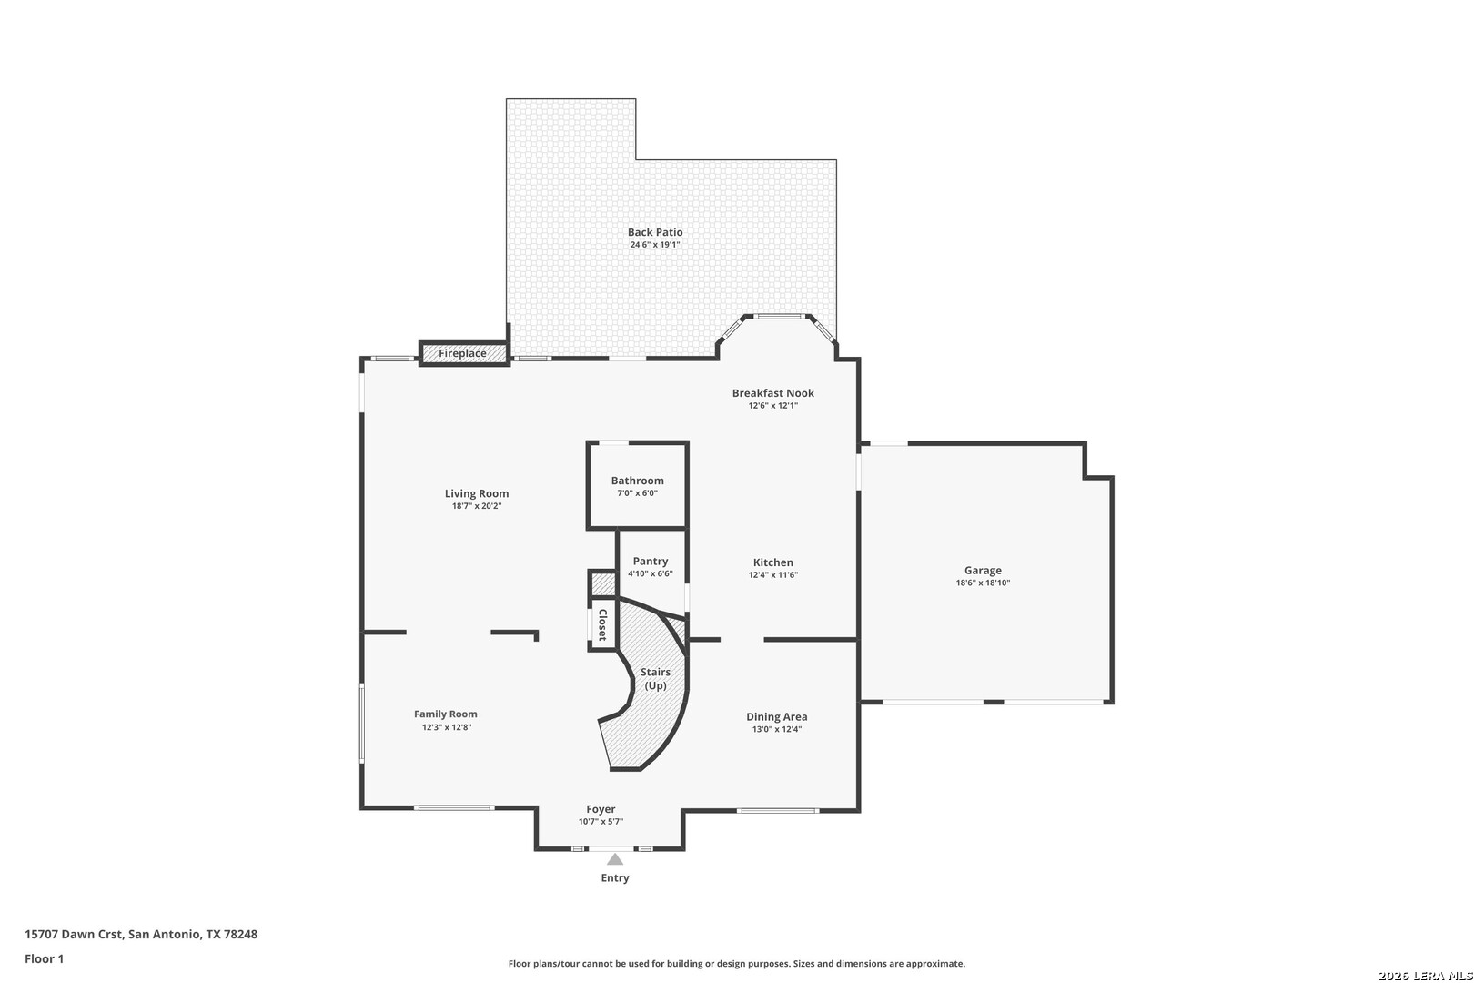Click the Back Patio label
tap(655, 232)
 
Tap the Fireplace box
tap(464, 353)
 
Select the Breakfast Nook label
tap(773, 393)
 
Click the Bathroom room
tap(637, 485)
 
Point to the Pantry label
tap(651, 561)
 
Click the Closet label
tap(602, 624)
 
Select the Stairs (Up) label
tap(655, 679)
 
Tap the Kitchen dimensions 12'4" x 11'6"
tap(773, 575)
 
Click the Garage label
tap(983, 570)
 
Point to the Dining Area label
tap(776, 716)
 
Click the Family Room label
tap(446, 714)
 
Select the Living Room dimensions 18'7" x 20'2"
tap(477, 506)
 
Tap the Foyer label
tap(601, 809)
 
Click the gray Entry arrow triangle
tap(614, 859)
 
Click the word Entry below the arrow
tap(614, 877)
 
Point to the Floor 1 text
tap(44, 958)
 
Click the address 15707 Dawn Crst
tap(73, 934)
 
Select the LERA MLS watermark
tap(1425, 975)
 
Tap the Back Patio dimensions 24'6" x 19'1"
tap(655, 244)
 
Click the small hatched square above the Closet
tap(601, 584)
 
